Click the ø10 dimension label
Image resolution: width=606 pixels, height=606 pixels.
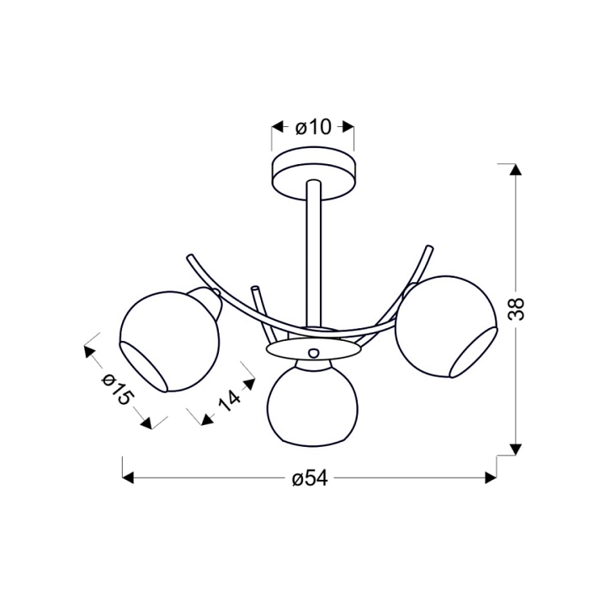coord(313,127)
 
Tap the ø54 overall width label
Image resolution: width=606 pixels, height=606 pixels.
coord(310,478)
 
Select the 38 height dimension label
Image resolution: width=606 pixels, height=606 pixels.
coord(516,308)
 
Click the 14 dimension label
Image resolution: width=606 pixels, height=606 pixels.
coord(230,401)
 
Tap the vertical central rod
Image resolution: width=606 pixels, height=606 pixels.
coord(313,255)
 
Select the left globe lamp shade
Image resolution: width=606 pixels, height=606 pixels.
coord(170,342)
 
